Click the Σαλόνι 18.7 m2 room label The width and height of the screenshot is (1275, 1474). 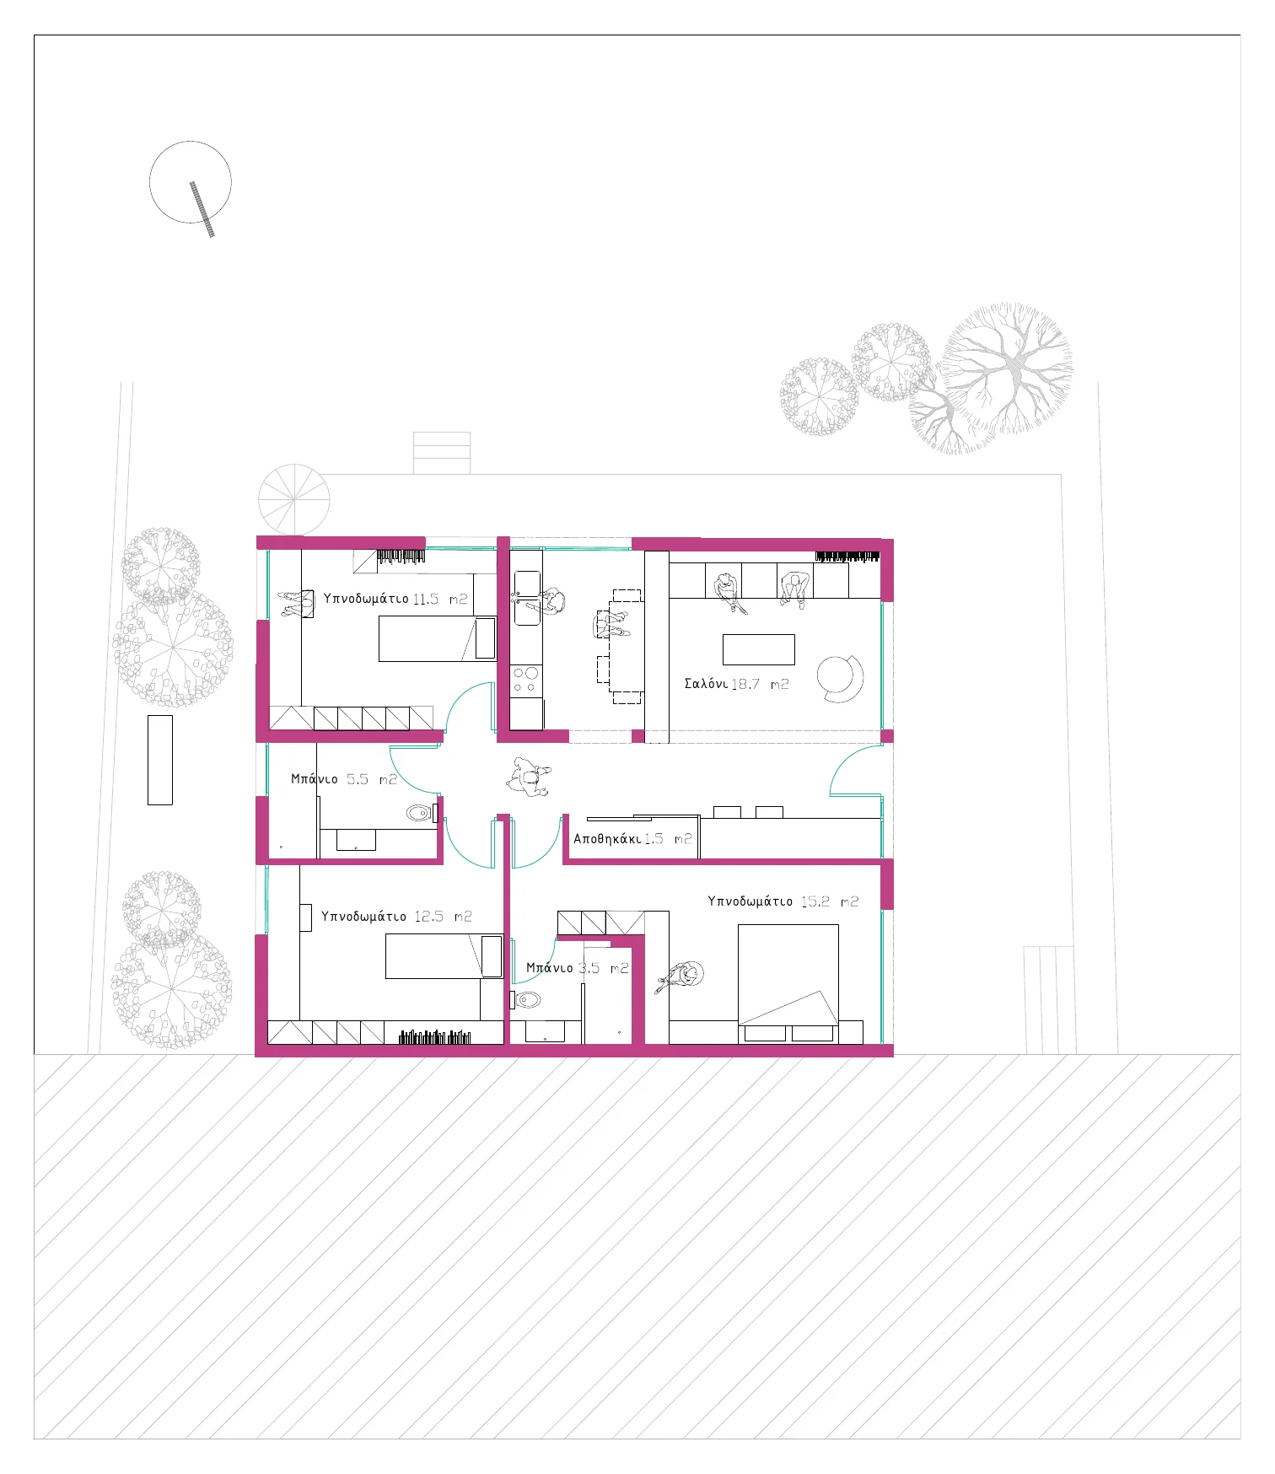point(736,684)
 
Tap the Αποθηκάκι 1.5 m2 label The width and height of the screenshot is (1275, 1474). point(632,839)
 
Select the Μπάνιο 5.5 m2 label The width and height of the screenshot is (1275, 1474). point(343,779)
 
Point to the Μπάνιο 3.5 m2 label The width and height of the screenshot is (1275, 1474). point(578,968)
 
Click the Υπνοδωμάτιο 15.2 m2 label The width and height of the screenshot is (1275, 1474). point(783,901)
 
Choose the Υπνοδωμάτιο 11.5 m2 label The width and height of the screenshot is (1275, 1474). point(395,599)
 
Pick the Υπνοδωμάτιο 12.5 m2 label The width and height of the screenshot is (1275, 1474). point(396,917)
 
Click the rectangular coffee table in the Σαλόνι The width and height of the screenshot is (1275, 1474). point(759,649)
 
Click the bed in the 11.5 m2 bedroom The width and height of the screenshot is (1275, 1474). point(438,638)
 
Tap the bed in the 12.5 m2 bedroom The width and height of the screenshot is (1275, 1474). point(444,956)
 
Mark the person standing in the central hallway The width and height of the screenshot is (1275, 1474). point(529,776)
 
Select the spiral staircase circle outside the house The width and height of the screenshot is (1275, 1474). point(294,499)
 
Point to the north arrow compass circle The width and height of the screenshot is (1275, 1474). point(191,182)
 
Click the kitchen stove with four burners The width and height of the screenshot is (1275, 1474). point(526,680)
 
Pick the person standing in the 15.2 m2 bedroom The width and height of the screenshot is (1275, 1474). point(682,977)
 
